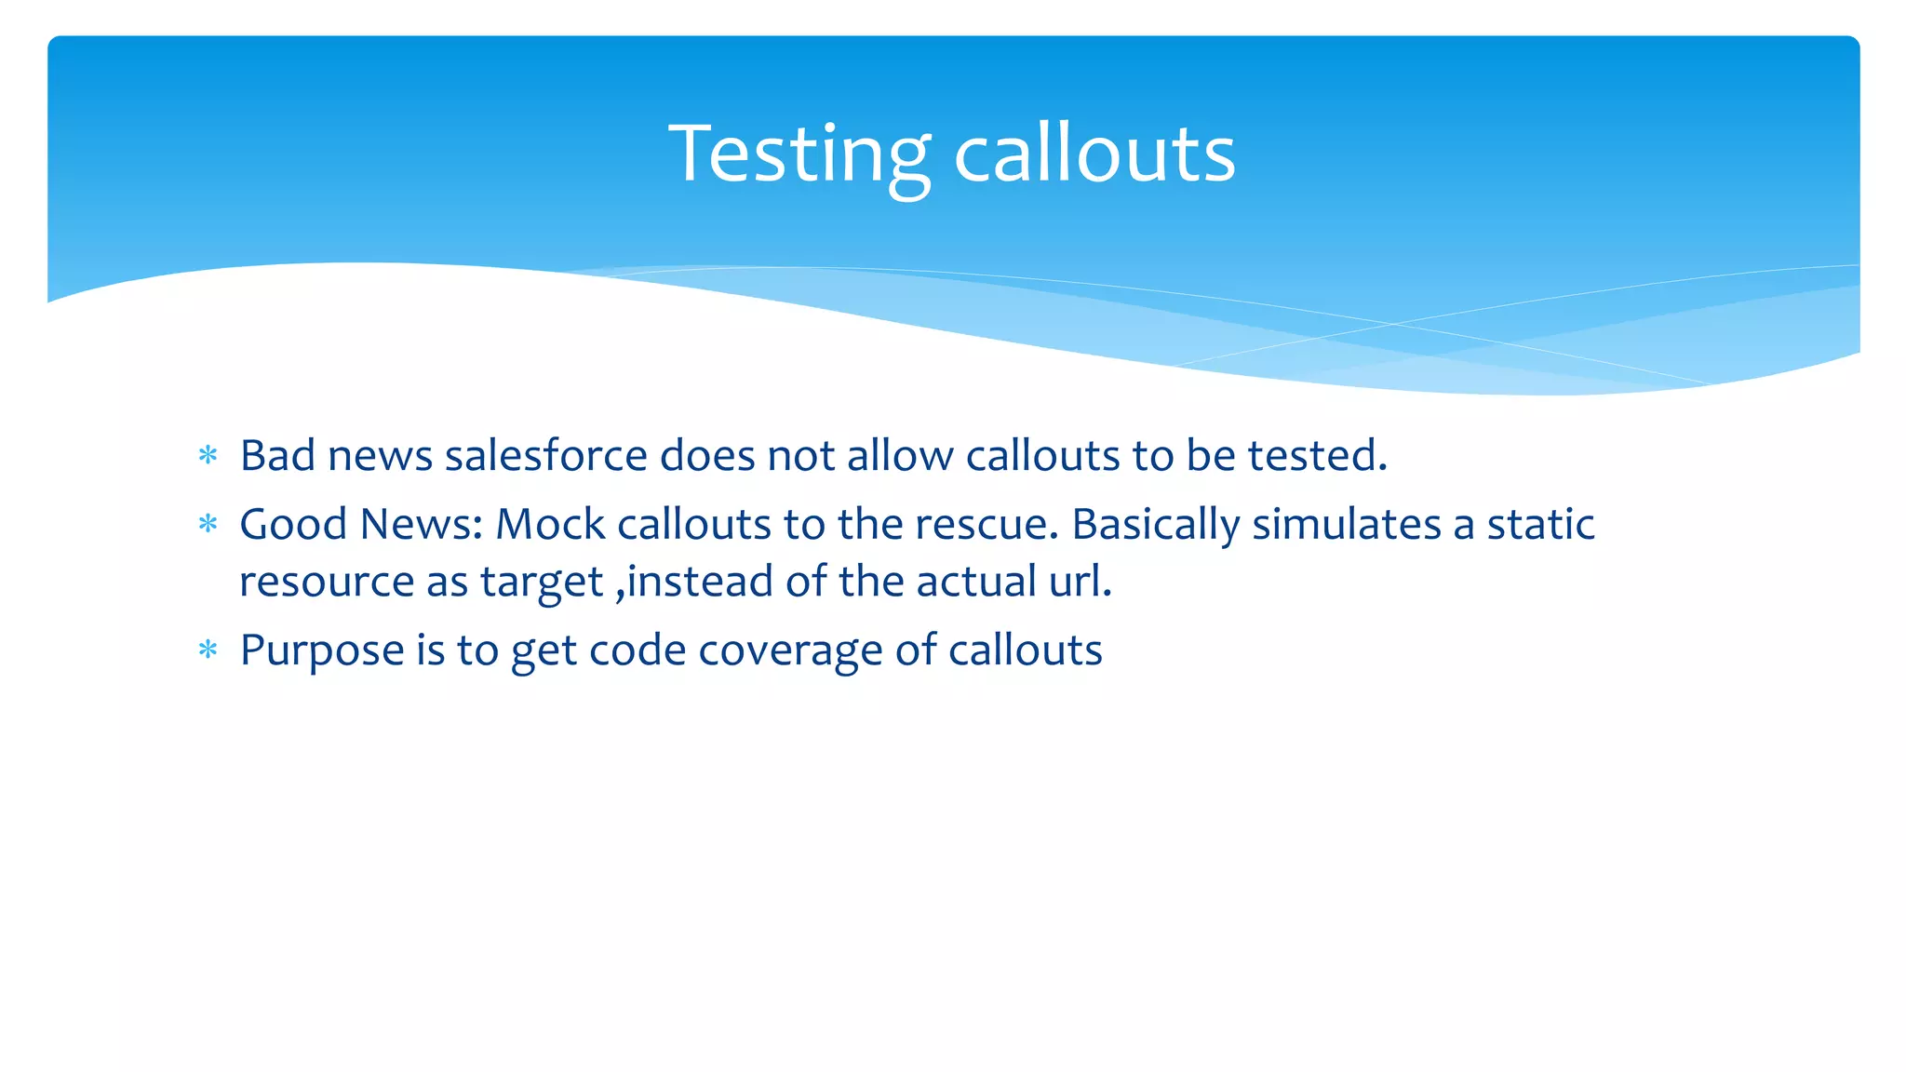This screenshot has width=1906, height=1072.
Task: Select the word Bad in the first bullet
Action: coord(277,455)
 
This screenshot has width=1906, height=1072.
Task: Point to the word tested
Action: coord(1317,455)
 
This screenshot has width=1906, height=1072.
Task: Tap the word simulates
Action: coord(1347,524)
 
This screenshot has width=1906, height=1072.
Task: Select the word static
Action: coord(1540,524)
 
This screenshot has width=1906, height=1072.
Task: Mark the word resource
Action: coord(327,583)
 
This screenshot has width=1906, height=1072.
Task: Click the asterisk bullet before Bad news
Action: coord(208,456)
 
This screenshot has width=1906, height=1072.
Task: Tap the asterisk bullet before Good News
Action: coord(208,525)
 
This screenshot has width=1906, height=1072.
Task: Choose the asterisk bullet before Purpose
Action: coord(208,650)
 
